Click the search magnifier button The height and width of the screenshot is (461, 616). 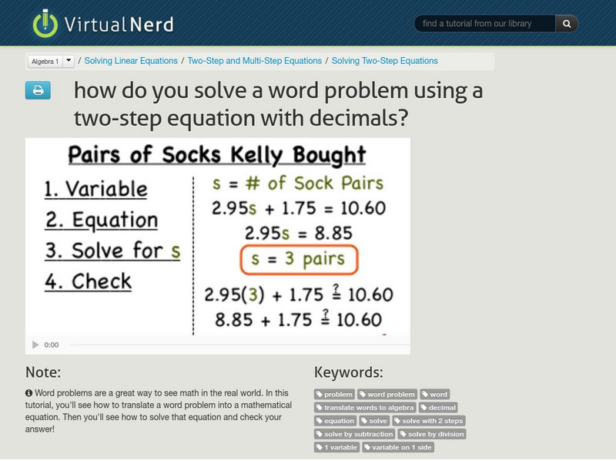point(567,24)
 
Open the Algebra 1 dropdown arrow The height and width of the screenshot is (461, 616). point(68,61)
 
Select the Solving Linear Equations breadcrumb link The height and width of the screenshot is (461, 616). point(131,61)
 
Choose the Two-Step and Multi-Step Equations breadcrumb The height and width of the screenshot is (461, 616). point(254,61)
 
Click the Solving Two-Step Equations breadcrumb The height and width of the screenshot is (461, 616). point(384,61)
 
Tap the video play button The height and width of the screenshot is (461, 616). point(35,345)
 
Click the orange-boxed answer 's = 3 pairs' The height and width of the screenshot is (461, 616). point(299,259)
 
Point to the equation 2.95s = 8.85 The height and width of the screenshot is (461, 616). point(299,233)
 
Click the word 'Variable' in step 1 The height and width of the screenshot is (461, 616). point(105,188)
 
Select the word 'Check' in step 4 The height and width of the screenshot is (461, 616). point(102,281)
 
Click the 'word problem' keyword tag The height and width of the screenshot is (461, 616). point(387,394)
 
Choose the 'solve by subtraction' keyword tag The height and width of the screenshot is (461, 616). point(354,434)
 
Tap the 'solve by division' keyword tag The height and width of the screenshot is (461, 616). point(432,434)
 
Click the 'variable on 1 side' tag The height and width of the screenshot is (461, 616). point(398,447)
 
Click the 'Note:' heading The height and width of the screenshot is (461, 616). point(43,372)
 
